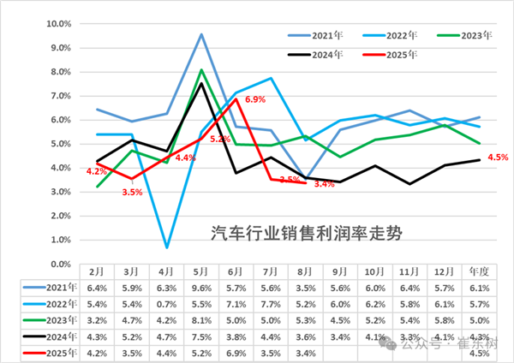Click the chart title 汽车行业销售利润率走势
click(x=307, y=232)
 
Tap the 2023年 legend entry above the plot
click(x=475, y=35)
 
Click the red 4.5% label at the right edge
click(x=498, y=157)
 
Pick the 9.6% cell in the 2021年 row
click(x=201, y=287)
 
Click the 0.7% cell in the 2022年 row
click(x=165, y=303)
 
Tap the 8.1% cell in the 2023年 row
click(x=201, y=319)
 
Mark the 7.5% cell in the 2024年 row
click(x=201, y=336)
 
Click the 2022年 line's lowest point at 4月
click(x=165, y=247)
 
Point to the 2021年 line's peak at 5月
click(x=201, y=34)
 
